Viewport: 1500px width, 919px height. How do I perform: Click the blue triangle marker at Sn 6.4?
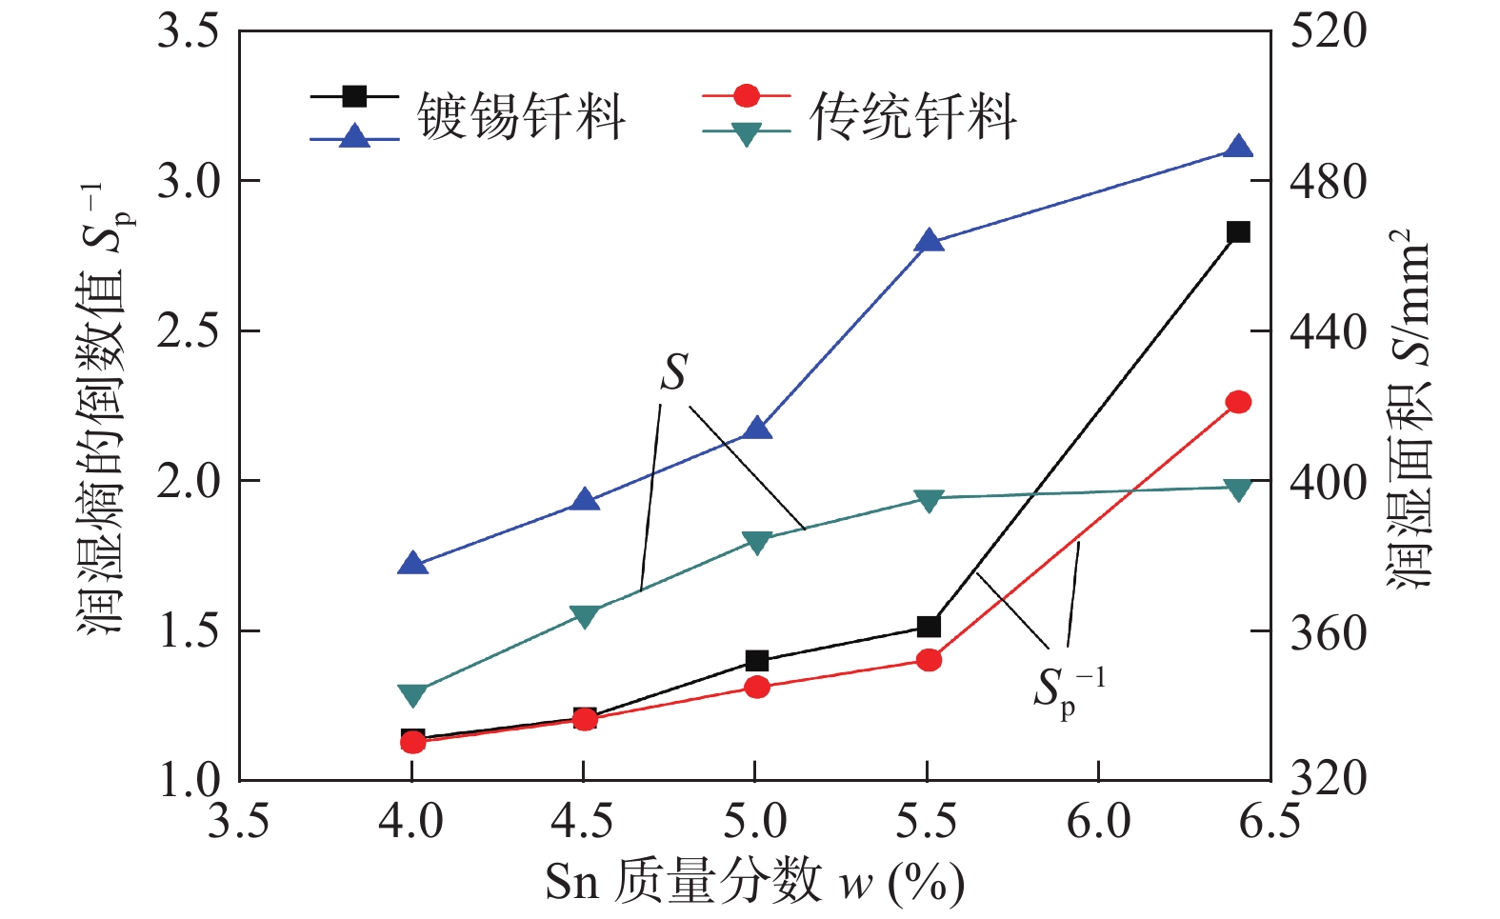tap(1238, 147)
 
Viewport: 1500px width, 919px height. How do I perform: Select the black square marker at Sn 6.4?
tap(1238, 231)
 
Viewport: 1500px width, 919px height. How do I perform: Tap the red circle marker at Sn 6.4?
tap(1238, 402)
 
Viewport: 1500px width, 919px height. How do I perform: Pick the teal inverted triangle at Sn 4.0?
tap(412, 694)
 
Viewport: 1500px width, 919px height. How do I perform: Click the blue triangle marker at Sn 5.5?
tap(930, 241)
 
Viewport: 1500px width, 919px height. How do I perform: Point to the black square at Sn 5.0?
tap(757, 661)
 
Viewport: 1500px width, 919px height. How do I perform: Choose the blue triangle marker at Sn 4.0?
tap(412, 564)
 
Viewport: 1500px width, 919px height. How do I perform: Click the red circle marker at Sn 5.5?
tap(930, 660)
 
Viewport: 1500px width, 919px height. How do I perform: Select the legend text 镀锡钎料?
tap(520, 117)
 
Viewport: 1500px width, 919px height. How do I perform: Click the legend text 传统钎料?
tap(912, 117)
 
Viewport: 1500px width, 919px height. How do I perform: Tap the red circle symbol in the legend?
tap(747, 95)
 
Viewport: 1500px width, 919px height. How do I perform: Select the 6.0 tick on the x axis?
tap(1098, 821)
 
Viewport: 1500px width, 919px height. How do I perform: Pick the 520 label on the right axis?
tap(1328, 31)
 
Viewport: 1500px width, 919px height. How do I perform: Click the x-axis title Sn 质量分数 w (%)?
tap(754, 881)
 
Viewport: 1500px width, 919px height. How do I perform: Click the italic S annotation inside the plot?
tap(674, 372)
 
